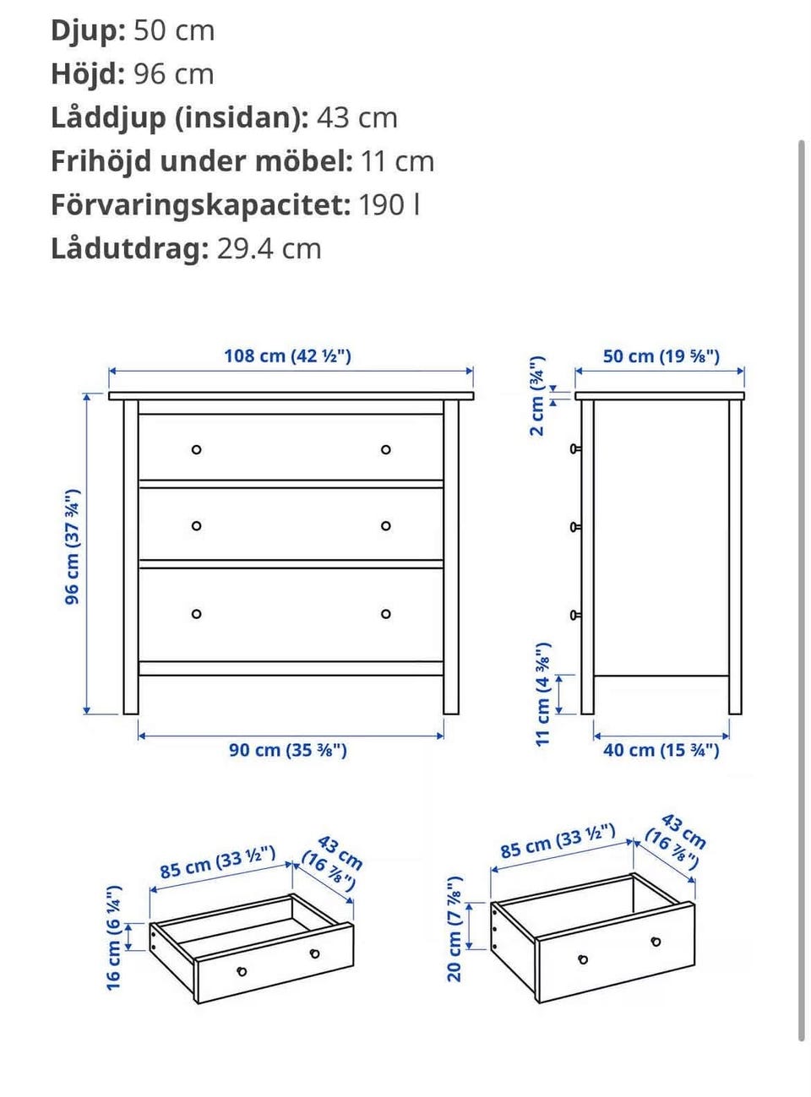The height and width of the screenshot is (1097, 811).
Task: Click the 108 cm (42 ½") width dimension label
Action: [287, 356]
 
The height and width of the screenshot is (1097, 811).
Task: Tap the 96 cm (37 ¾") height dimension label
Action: [73, 546]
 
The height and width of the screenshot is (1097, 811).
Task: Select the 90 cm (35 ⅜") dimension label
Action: [287, 750]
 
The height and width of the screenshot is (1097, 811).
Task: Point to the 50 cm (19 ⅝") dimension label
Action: [661, 356]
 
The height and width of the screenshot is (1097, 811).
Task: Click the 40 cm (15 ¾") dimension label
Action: [661, 750]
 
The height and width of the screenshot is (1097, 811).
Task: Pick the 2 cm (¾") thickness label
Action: [537, 396]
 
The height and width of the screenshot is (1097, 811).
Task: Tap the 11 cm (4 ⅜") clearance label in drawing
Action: [542, 693]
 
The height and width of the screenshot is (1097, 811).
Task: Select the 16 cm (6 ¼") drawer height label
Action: [114, 937]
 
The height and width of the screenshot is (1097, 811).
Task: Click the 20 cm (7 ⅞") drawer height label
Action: [454, 929]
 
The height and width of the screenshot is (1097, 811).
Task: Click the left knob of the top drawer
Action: [197, 450]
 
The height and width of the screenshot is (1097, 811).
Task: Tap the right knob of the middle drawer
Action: [386, 526]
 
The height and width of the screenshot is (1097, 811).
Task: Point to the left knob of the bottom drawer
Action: [197, 614]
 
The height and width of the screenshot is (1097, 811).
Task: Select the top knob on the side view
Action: [575, 449]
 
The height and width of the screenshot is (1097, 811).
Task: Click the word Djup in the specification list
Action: [88, 30]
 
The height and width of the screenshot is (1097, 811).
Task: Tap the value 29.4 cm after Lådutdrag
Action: [269, 249]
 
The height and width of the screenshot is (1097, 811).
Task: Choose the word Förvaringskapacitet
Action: [200, 205]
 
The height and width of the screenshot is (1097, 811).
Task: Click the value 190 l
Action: [389, 205]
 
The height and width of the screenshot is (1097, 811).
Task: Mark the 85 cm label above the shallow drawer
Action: [217, 862]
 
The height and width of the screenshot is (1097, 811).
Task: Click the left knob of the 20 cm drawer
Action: [583, 959]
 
